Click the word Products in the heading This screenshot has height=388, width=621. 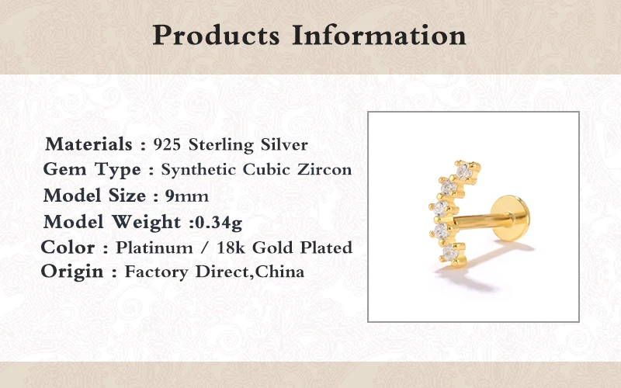coord(217,35)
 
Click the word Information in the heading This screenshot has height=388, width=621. coord(379,35)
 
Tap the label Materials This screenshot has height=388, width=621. coord(88,144)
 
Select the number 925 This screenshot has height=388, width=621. coord(167,144)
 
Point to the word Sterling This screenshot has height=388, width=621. coord(221,145)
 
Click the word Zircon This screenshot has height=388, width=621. coord(324,169)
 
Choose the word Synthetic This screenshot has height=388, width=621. coord(198,170)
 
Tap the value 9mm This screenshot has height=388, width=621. coord(186,196)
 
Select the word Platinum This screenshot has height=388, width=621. coord(154,248)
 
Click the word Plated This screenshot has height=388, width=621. coord(326,248)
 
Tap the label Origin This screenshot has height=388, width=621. coord(72,272)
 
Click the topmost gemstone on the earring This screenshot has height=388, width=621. coord(463,171)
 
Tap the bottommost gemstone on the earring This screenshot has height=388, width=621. coord(450,253)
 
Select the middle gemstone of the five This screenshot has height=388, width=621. coord(440,207)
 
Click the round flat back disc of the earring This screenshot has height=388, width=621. coord(510,218)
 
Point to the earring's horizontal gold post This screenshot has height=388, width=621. coord(475,221)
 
